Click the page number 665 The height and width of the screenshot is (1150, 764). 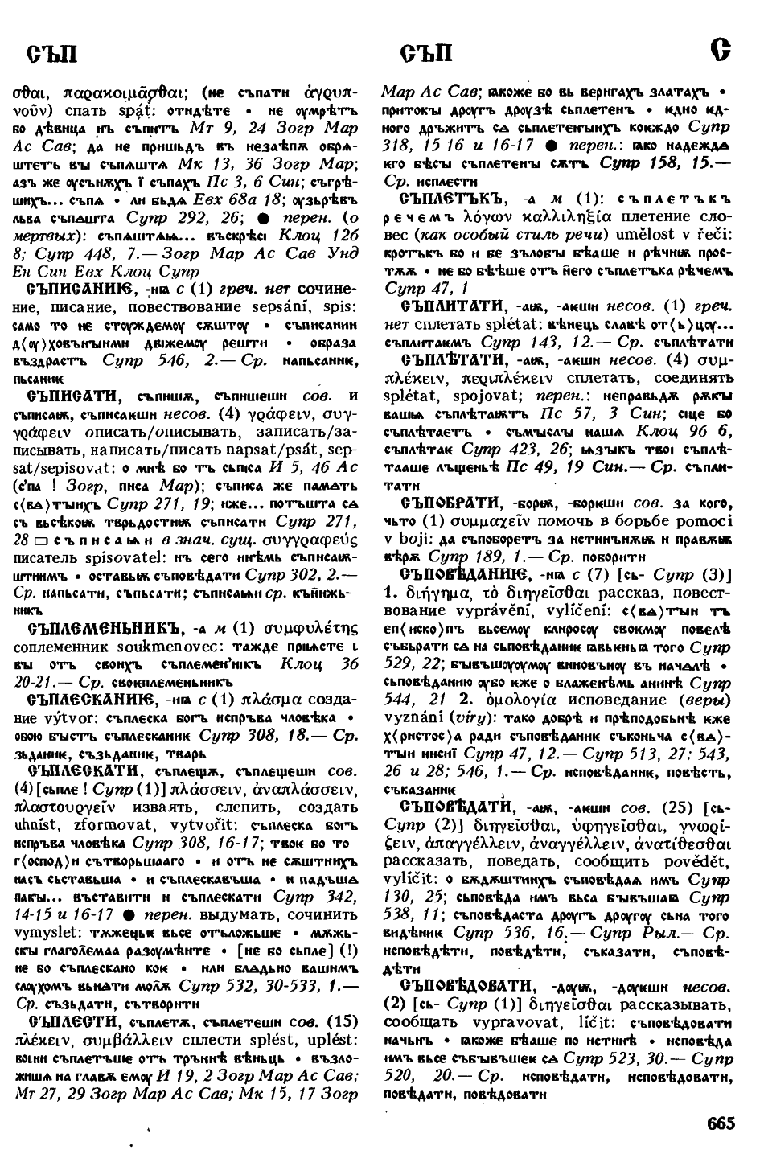coord(721,1123)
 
